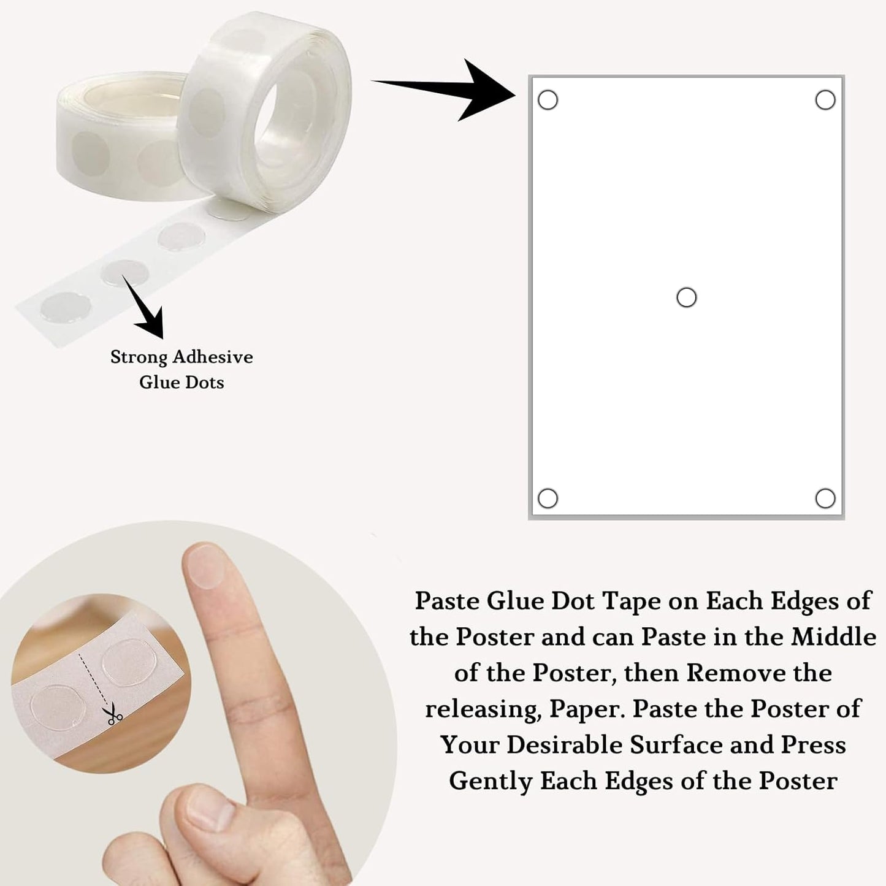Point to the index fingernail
click(x=203, y=565)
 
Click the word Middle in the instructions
click(x=834, y=637)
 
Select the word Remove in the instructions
click(x=736, y=673)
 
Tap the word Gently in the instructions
click(x=491, y=782)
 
